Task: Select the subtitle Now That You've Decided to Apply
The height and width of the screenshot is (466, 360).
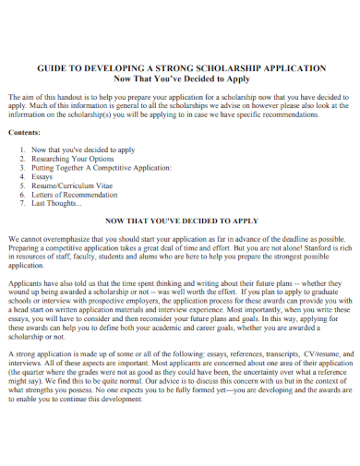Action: click(x=180, y=79)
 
